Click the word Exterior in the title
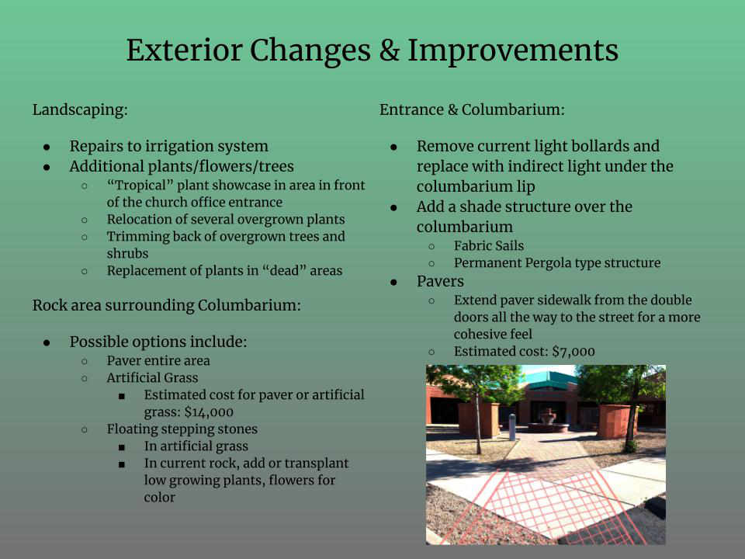point(185,50)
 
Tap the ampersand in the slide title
point(389,50)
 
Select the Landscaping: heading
point(80,109)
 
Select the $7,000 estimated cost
point(573,352)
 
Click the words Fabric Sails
point(488,246)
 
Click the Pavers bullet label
point(440,281)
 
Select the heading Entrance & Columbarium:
point(472,109)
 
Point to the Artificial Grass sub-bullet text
point(152,378)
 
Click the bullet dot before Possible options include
point(47,342)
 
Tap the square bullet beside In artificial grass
point(122,447)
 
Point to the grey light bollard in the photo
point(511,427)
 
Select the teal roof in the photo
point(548,380)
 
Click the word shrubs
point(127,253)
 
